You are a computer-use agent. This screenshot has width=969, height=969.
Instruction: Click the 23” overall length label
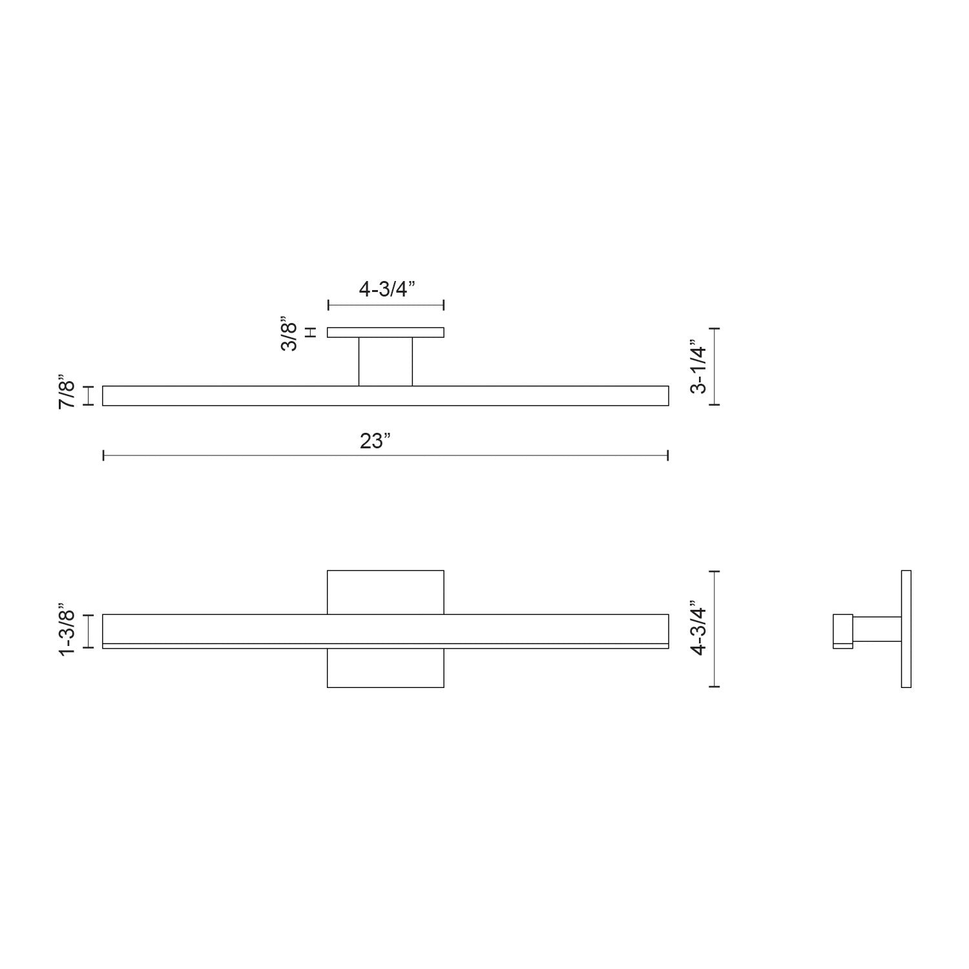(x=375, y=442)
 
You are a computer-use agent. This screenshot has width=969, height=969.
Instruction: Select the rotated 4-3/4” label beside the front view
(x=699, y=629)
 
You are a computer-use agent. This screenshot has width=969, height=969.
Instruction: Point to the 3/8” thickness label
(x=289, y=333)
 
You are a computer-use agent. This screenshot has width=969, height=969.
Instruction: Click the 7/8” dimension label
(x=67, y=395)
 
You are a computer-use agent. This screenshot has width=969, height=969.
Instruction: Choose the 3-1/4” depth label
(x=699, y=366)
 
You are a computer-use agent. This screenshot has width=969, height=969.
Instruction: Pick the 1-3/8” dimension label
(x=67, y=630)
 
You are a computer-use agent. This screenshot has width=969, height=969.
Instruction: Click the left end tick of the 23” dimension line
(x=104, y=456)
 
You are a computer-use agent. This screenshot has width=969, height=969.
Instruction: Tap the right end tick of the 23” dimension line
(x=667, y=456)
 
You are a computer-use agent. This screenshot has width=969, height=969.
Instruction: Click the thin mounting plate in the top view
(x=386, y=333)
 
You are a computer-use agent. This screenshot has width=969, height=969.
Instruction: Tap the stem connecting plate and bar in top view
(x=386, y=361)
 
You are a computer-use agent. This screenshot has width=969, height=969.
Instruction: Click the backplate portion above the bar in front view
(x=386, y=592)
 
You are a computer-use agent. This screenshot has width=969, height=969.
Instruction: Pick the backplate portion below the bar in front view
(x=386, y=668)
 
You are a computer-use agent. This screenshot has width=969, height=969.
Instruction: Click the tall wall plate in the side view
(x=906, y=629)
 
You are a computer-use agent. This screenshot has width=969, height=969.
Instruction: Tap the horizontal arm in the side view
(x=877, y=629)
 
